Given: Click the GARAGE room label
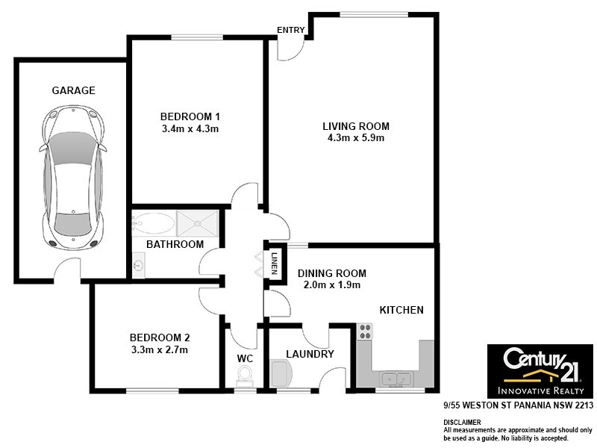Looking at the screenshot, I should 73,90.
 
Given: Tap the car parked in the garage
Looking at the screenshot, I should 73,176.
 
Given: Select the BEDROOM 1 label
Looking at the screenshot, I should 190,116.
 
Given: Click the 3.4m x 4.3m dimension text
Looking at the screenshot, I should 190,128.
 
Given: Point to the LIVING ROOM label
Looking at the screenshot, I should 356,125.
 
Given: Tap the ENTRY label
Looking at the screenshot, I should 290,30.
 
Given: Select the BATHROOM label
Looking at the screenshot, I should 175,244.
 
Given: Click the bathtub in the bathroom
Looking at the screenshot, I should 153,222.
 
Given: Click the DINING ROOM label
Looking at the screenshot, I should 329,273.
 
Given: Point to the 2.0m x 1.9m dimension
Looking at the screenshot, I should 329,284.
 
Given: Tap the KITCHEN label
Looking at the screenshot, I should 401,310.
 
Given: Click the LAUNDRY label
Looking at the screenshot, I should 310,354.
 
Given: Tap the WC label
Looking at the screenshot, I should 245,358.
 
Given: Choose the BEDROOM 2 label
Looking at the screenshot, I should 160,337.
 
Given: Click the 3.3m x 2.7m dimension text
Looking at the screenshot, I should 160,349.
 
